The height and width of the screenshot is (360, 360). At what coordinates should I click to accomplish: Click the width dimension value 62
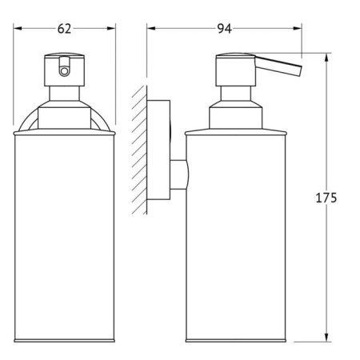(x=65, y=29)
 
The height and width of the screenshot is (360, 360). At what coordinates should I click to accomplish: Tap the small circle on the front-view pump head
(x=66, y=70)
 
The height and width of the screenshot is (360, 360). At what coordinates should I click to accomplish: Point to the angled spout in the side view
(x=283, y=70)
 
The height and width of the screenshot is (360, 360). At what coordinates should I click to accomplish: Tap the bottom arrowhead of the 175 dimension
(x=326, y=337)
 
